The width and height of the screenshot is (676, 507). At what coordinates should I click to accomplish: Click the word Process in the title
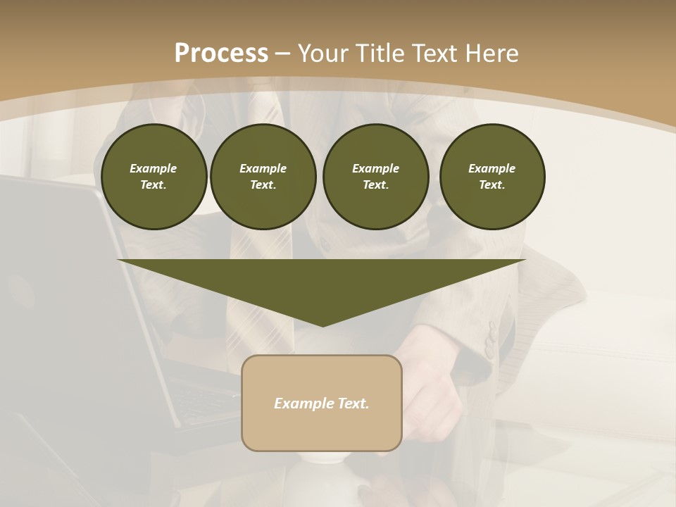[x=221, y=53]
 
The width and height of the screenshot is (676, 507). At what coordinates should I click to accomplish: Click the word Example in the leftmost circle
[x=154, y=168]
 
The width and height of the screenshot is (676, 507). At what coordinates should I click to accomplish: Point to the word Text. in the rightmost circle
[x=492, y=184]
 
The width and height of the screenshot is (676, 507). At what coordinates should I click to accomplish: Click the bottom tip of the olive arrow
[x=323, y=325]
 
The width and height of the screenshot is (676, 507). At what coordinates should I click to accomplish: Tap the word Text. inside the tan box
[x=353, y=403]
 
